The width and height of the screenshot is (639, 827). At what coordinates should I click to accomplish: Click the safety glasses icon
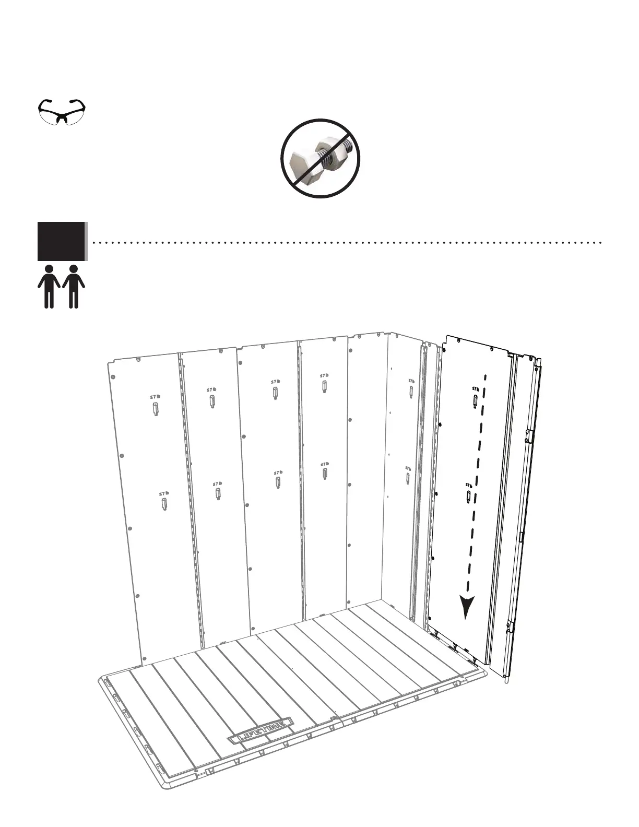[63, 111]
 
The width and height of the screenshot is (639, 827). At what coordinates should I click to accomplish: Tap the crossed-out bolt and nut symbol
[321, 158]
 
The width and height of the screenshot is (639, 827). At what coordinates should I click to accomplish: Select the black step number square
[61, 241]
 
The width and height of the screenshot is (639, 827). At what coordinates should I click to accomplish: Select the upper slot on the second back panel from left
[212, 401]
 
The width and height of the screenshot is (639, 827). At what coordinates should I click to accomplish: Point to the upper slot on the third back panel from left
[275, 393]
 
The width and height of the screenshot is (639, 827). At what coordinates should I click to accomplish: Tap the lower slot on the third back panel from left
[278, 482]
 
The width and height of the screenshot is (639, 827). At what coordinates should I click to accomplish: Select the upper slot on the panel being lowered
[476, 401]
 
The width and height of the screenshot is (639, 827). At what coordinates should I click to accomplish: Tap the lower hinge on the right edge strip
[509, 626]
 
